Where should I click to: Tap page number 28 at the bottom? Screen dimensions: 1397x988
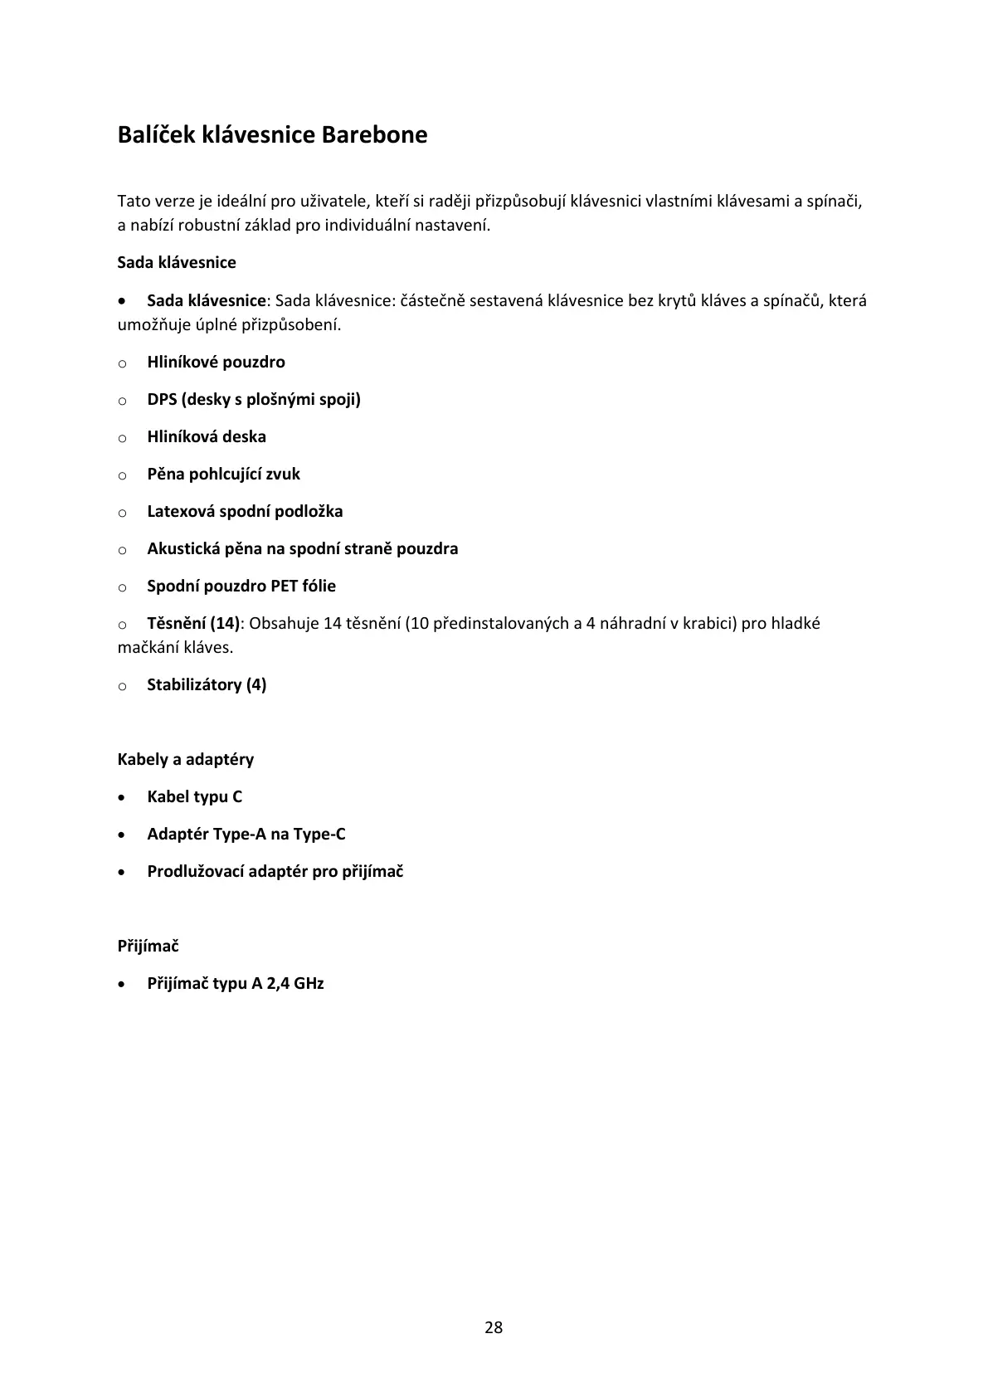[494, 1327]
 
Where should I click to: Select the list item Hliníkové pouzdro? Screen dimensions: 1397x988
[216, 363]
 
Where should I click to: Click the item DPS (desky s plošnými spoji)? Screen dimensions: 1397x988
[254, 400]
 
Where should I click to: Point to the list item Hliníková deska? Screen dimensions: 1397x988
[207, 437]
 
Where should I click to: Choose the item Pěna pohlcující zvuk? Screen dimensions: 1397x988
[223, 475]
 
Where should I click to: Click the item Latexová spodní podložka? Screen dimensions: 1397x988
[245, 512]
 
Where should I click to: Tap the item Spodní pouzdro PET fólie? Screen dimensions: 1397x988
[241, 587]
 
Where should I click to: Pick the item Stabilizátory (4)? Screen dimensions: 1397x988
[207, 685]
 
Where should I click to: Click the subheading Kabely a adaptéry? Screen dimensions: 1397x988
[186, 760]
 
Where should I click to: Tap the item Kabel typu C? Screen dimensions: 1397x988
[195, 797]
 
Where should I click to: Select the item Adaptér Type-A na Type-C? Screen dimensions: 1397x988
[246, 835]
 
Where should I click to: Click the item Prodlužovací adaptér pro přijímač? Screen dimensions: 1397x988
[275, 872]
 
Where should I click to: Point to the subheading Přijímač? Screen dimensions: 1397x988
[148, 947]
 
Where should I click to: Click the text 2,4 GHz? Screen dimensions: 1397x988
[295, 984]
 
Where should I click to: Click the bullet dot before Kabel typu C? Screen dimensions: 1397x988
[123, 798]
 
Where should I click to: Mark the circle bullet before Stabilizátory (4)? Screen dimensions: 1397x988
[123, 687]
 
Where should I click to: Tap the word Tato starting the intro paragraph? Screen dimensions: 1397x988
[134, 202]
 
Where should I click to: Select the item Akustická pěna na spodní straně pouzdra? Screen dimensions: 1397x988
[302, 549]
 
